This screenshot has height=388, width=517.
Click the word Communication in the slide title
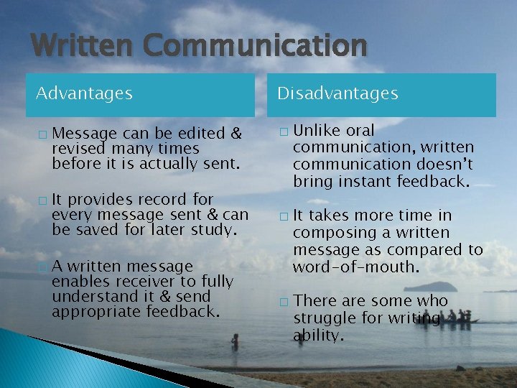[254, 46]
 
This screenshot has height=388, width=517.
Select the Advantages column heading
[84, 93]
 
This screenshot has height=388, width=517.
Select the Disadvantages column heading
[337, 93]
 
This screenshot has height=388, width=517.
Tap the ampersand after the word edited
[233, 133]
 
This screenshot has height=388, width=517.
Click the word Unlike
[317, 131]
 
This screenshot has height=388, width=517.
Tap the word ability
[319, 336]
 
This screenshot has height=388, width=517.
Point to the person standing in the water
[236, 341]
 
